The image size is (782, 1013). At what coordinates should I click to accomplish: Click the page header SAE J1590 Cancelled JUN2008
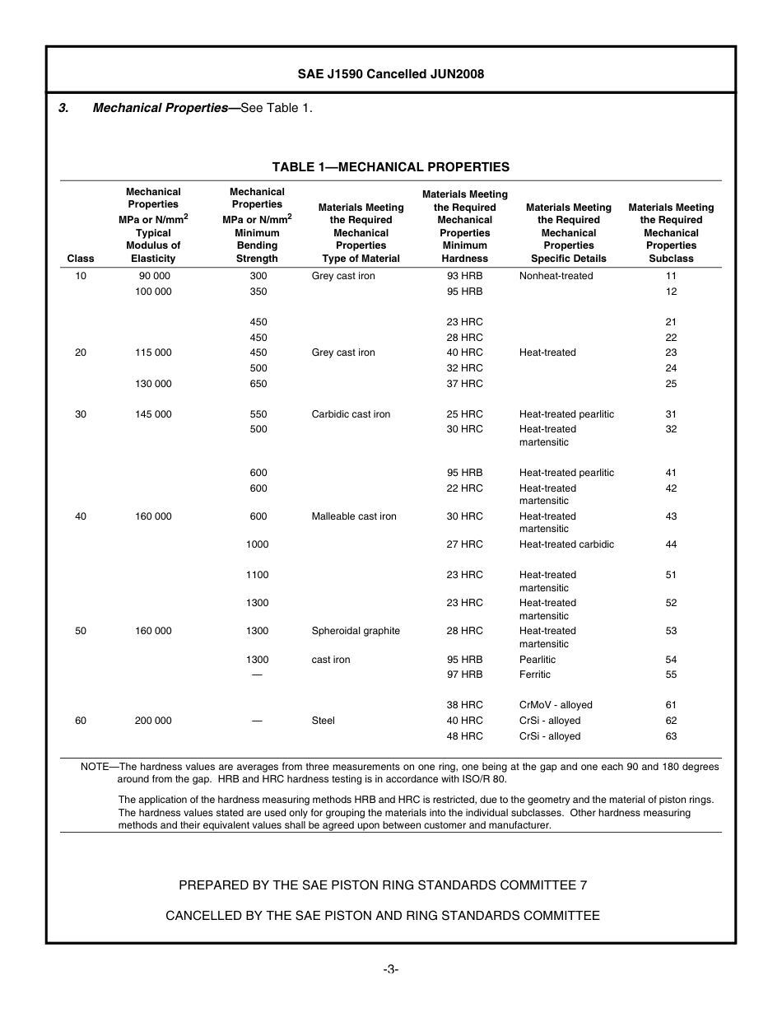tap(390, 74)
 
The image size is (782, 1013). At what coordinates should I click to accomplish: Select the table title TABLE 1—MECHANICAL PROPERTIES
tap(390, 167)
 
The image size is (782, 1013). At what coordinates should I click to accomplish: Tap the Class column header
tap(81, 259)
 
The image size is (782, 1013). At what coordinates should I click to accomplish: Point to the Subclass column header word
tap(671, 259)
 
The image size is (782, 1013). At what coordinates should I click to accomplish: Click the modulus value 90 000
tap(153, 276)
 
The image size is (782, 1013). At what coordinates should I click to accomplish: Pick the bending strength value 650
tap(258, 384)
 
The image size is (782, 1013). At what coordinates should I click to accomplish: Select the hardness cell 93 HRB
tap(464, 276)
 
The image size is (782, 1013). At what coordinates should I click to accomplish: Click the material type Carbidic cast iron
tap(351, 414)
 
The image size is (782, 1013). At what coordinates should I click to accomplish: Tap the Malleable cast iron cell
tap(354, 516)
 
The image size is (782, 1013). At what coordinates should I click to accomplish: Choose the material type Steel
tap(323, 721)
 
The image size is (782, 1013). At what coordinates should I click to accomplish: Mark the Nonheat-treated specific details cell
tap(556, 276)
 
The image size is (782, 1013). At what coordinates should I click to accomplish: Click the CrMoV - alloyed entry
tap(556, 705)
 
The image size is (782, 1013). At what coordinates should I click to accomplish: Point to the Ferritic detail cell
tap(535, 675)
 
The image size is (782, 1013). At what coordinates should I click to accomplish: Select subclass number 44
tap(671, 544)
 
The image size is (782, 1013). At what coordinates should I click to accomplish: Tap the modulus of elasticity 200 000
tap(153, 721)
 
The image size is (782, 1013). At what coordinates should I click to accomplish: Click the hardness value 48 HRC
tap(464, 736)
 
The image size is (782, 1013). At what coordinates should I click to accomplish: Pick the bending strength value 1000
tap(258, 544)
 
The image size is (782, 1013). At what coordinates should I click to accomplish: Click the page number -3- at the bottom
tap(390, 969)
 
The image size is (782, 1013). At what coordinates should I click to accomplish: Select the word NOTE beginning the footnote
tap(95, 767)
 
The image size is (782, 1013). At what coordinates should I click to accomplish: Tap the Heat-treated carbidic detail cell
tap(566, 544)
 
